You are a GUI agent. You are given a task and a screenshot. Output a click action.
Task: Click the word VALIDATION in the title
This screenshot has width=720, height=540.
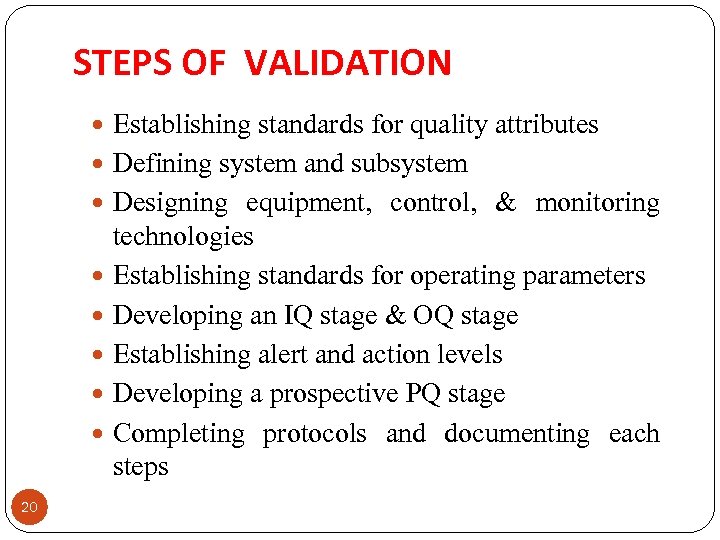(348, 63)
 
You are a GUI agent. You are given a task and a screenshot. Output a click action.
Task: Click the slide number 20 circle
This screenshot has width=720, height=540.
(29, 509)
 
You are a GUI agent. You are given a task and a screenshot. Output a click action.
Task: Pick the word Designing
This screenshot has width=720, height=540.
(170, 203)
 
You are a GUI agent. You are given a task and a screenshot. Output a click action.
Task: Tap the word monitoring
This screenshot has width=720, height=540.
(597, 203)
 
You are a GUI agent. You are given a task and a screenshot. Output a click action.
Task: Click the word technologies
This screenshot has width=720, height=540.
(183, 237)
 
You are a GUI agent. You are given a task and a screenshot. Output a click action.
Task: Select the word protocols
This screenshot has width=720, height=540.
(314, 434)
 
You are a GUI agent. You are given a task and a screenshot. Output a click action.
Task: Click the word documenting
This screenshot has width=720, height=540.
(517, 434)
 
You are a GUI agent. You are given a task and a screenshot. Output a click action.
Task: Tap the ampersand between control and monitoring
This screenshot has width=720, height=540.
(506, 203)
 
